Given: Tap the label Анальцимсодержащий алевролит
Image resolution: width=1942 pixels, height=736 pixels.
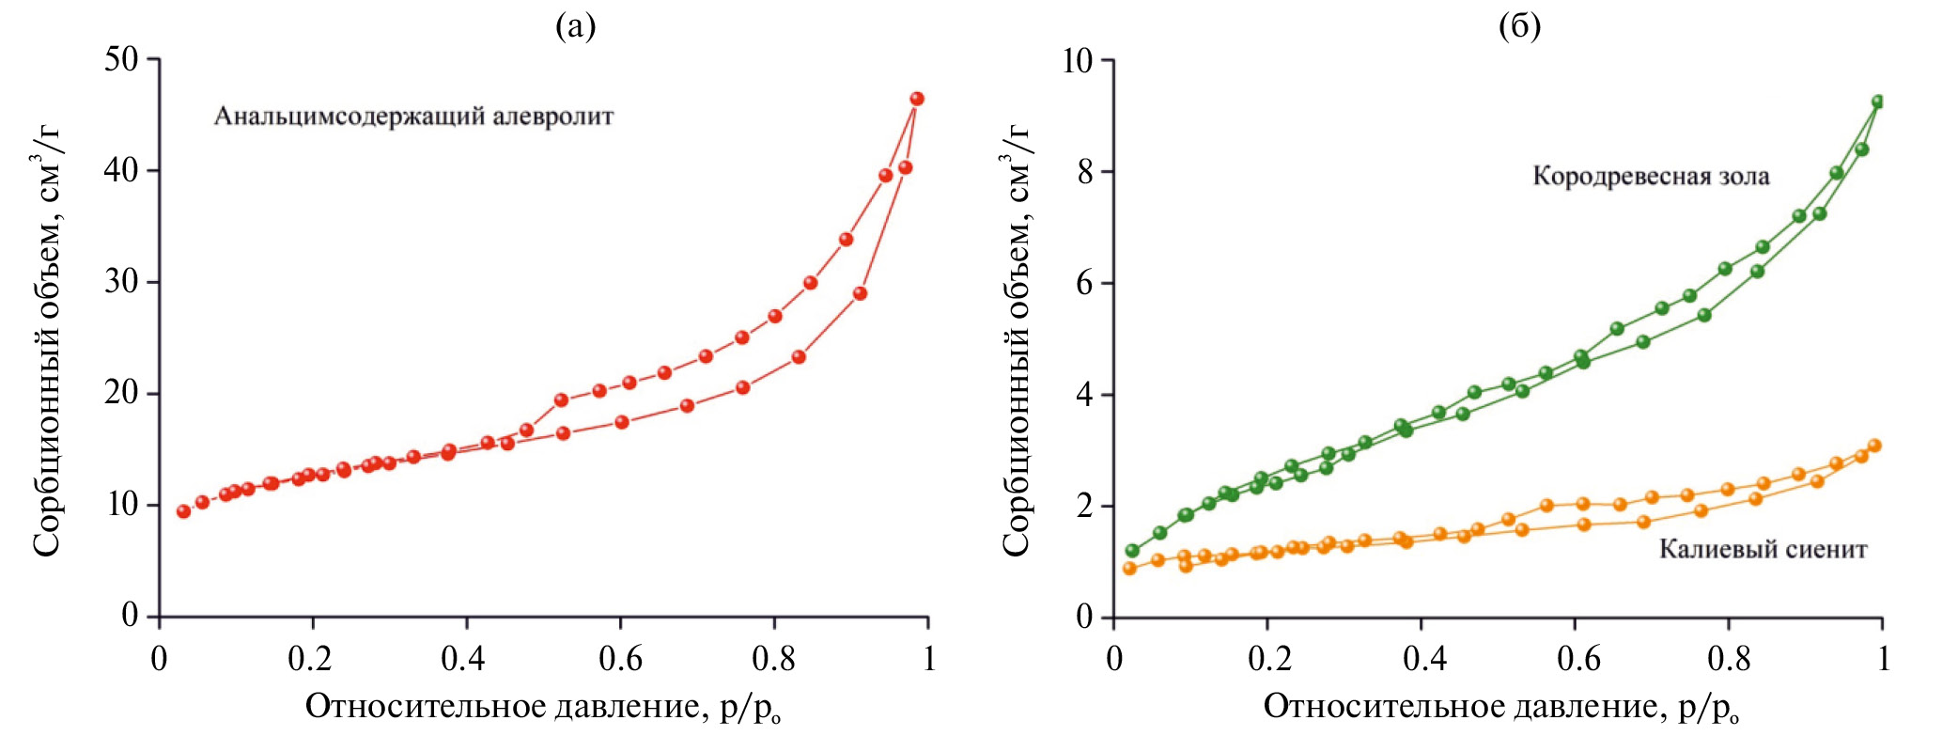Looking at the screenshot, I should pos(413,117).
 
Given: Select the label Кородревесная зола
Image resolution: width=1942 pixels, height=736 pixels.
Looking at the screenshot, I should pos(1651,176).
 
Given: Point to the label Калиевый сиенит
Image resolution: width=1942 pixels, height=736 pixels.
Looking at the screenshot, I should pos(1763,549).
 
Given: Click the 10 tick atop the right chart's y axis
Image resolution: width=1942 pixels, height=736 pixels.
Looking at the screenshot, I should pos(1080,61).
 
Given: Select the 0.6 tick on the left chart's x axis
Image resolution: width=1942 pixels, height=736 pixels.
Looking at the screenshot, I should pos(620,659).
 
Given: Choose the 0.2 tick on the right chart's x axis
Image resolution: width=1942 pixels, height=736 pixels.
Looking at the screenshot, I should pos(1267,659).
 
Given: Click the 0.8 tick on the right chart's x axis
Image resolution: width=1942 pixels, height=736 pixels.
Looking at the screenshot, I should pos(1729,659).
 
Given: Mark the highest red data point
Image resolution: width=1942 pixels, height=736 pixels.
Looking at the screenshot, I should pos(917,99).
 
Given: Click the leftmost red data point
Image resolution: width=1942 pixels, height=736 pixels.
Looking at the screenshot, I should pos(184,511).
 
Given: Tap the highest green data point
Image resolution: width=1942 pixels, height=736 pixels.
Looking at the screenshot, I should pos(1878,102).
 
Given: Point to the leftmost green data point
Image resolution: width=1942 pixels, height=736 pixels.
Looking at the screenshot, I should pos(1132,551).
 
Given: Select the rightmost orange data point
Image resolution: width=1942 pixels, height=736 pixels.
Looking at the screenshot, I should pos(1874,446).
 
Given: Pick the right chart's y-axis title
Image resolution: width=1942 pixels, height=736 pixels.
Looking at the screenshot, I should pos(1017,338).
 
